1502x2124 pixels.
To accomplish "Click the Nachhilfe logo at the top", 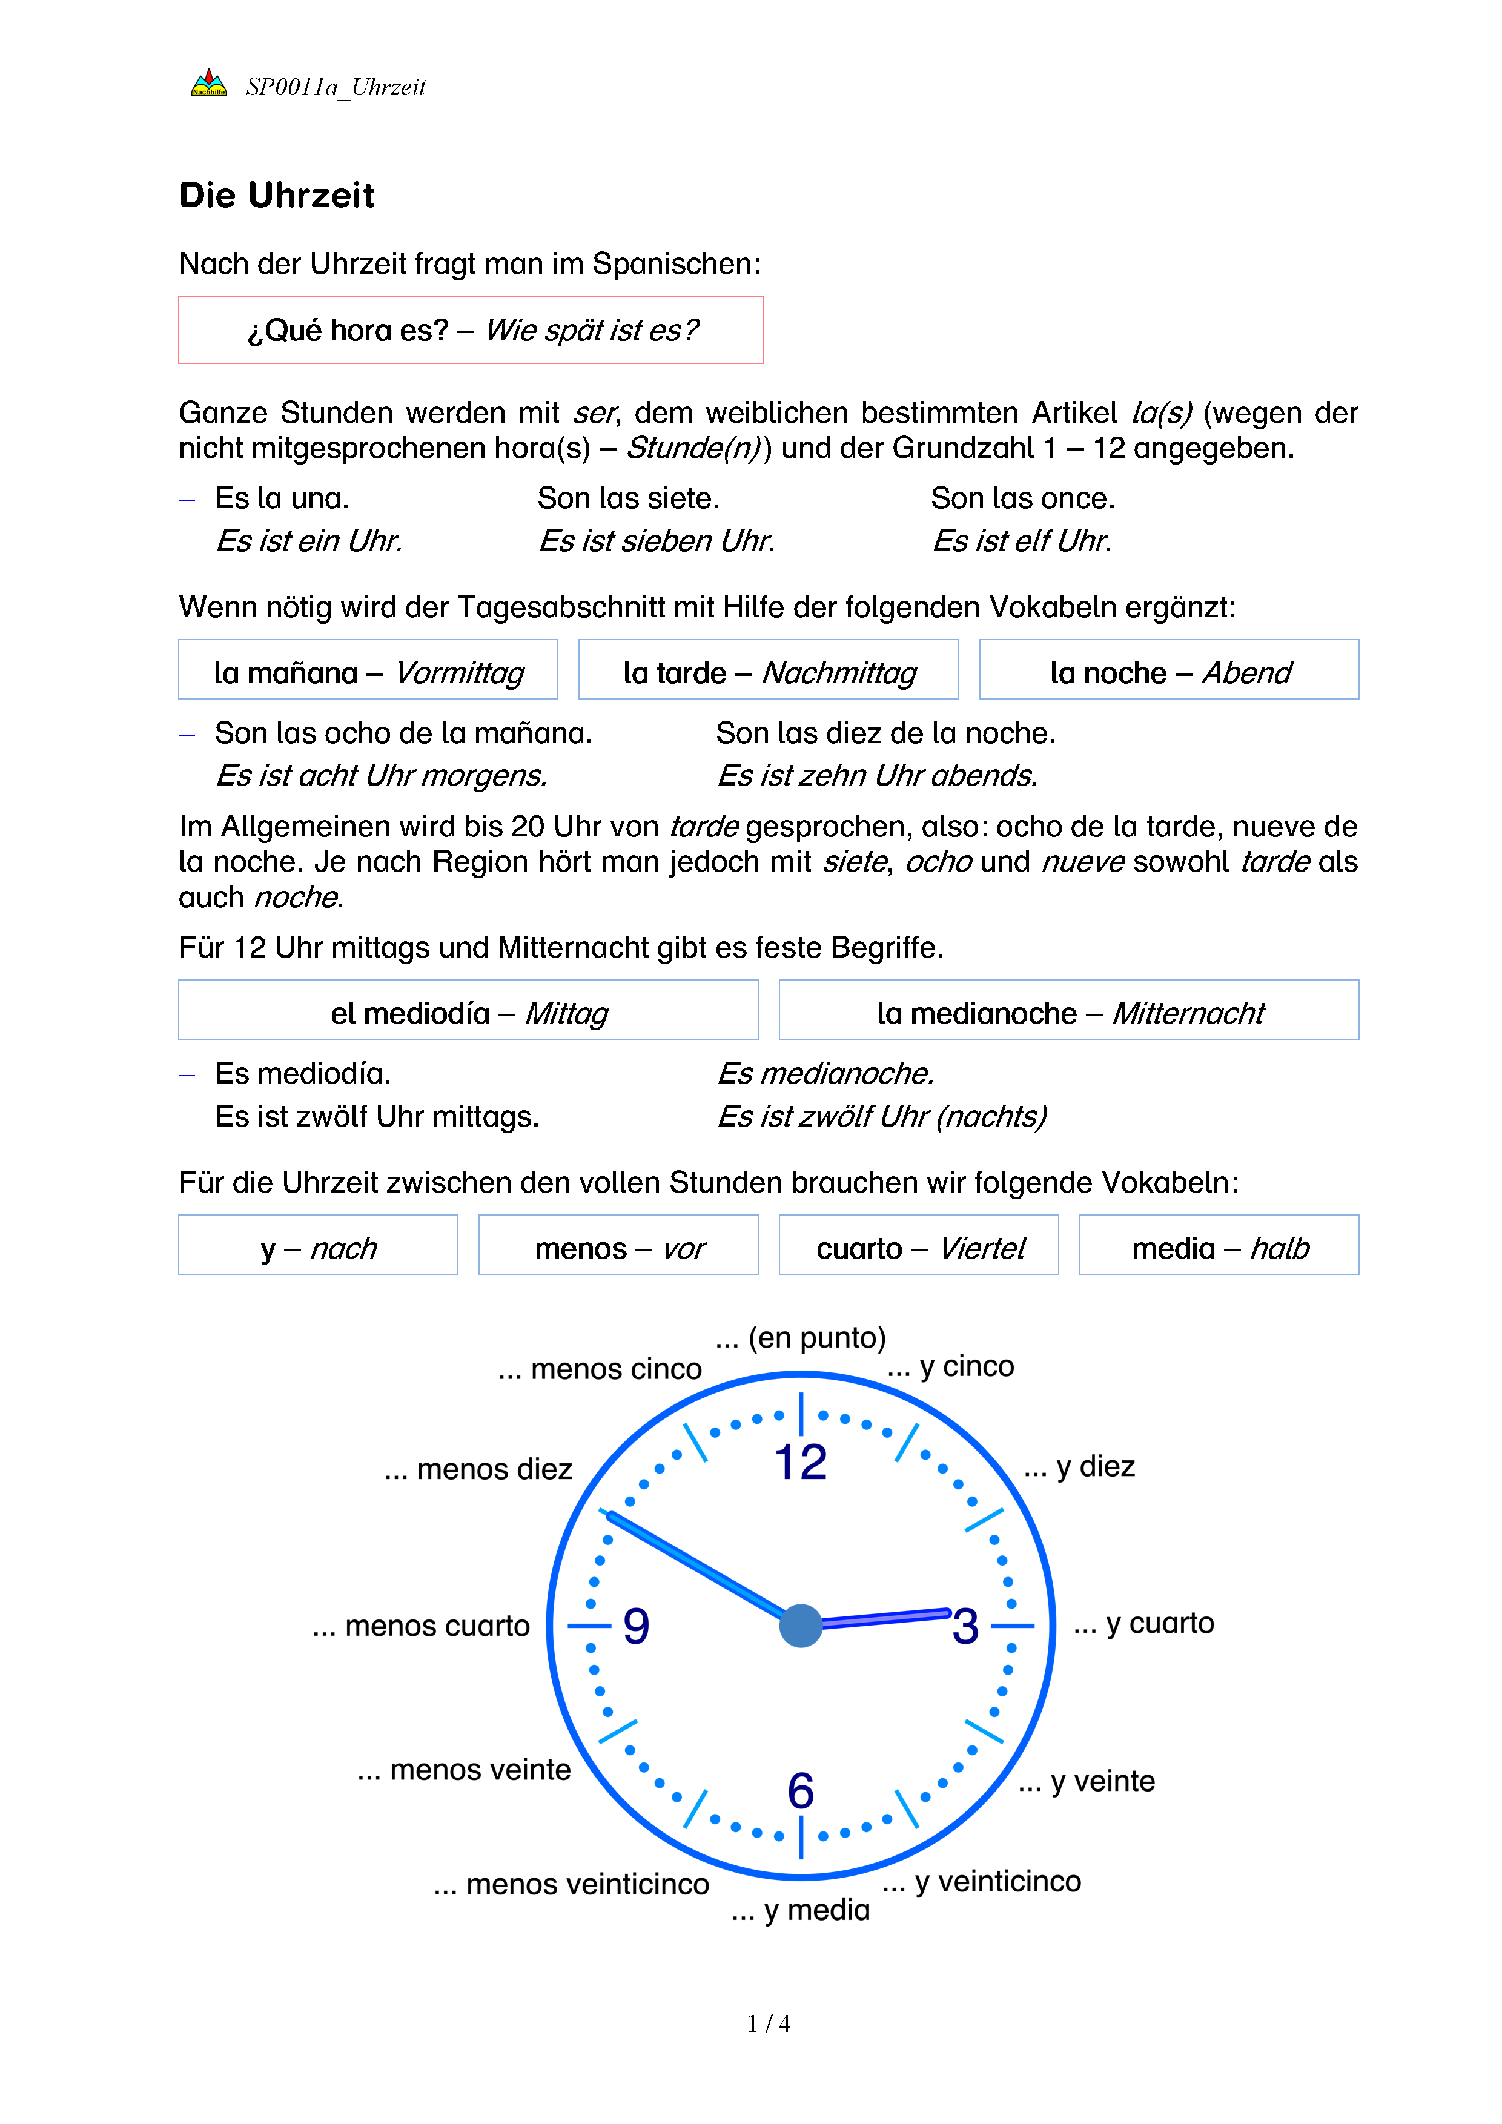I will [208, 83].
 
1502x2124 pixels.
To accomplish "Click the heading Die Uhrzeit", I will [277, 195].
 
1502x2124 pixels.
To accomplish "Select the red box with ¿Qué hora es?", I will [471, 329].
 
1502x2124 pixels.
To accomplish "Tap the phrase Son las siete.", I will [628, 498].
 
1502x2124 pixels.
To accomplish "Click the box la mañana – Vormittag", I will [368, 670].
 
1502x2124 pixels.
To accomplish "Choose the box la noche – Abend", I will [1169, 670].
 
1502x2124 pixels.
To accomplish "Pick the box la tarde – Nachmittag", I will [769, 670].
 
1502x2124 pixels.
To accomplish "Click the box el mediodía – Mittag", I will [468, 1010].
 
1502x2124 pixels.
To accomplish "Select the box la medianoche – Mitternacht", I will [1069, 1010].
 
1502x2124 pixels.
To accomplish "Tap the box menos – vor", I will [619, 1245].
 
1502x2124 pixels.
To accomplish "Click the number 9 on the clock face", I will [637, 1626].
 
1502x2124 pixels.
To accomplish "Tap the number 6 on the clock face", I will [801, 1790].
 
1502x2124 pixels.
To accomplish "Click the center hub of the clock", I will [801, 1626].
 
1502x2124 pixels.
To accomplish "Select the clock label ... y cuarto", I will [1144, 1623].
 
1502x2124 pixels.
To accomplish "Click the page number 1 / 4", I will [769, 2024].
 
